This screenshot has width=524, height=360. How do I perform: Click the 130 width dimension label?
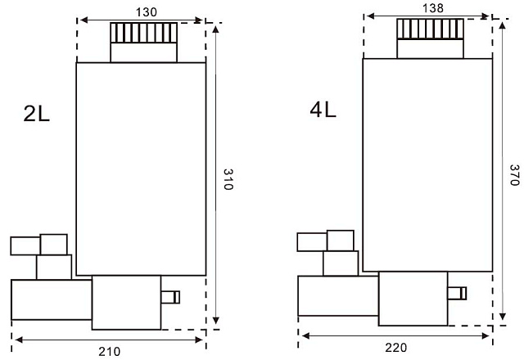(x=146, y=12)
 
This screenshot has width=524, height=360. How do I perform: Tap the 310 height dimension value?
(x=228, y=179)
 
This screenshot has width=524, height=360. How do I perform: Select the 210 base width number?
(x=109, y=351)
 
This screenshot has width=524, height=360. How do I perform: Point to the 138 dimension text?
(x=433, y=8)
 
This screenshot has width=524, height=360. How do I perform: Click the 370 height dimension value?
(x=514, y=175)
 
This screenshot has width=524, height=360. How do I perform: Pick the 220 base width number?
(x=396, y=348)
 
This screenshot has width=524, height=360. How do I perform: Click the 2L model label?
(x=36, y=114)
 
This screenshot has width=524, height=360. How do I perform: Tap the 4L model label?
(x=323, y=110)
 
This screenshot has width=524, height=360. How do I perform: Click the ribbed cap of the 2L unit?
(x=144, y=33)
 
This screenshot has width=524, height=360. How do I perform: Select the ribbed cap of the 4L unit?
(x=431, y=29)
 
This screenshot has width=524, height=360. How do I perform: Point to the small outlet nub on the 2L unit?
(x=170, y=297)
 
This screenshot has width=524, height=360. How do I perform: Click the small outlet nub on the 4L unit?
(x=457, y=293)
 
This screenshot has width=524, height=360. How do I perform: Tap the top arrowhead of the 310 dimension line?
(x=216, y=29)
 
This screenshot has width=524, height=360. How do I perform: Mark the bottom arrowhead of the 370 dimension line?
(x=502, y=317)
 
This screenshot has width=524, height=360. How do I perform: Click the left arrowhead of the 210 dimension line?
(x=19, y=340)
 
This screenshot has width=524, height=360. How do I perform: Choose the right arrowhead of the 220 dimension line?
(x=486, y=336)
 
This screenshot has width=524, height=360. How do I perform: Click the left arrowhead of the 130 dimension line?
(x=84, y=20)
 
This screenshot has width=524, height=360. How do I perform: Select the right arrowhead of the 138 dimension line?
(x=486, y=16)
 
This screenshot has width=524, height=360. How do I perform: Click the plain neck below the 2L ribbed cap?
(x=144, y=52)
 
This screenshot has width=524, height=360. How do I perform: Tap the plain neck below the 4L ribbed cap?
(x=431, y=49)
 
